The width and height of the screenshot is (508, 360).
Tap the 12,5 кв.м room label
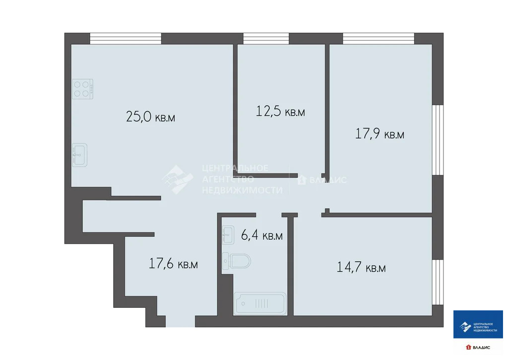(x=280, y=111)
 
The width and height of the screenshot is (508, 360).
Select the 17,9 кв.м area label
(x=380, y=134)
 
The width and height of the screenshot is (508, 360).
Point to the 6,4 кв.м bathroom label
(x=261, y=235)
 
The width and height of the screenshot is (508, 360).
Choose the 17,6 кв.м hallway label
(x=173, y=264)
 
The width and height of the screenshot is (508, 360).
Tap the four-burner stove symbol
(x=82, y=89)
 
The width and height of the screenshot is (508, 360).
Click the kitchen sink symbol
(x=79, y=155)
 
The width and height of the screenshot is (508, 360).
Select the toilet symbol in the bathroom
(x=237, y=260)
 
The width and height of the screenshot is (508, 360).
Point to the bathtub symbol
(x=260, y=303)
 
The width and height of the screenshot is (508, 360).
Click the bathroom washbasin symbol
(x=228, y=234)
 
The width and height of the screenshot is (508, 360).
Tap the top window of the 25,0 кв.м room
(x=126, y=38)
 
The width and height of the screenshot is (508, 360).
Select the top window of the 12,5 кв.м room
(x=266, y=38)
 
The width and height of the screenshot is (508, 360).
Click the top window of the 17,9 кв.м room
(x=379, y=38)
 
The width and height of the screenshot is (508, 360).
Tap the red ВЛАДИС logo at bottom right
(x=478, y=347)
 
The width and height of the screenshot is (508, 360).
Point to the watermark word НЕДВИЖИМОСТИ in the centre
(x=242, y=190)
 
